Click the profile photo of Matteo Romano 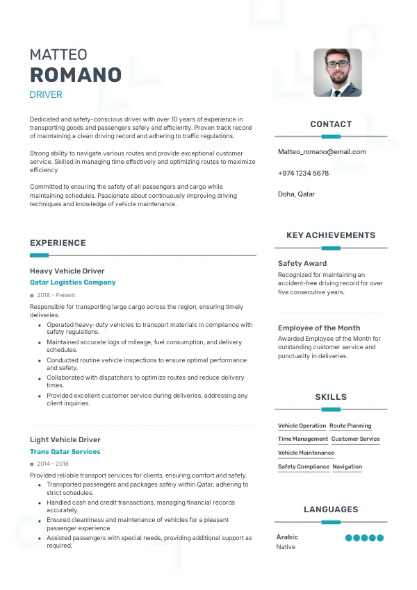pos(337,72)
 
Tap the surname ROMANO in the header pos(76,75)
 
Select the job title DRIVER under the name pos(46,94)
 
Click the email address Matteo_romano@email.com pos(322,151)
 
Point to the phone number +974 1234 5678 pos(303,173)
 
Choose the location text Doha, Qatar pos(296,194)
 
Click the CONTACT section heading pos(331,124)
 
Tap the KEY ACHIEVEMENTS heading pos(331,235)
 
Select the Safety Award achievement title pos(302,264)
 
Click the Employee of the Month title pos(319,328)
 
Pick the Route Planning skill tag pos(350,425)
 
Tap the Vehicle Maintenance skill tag pos(306,453)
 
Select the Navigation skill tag pos(347,466)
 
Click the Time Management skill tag pos(303,439)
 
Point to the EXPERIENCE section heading pos(58,243)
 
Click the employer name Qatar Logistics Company pos(73,283)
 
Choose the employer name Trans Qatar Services pos(65,451)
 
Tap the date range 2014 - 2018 pos(53,464)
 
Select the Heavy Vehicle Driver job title pos(67,271)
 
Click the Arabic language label pos(287,537)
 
